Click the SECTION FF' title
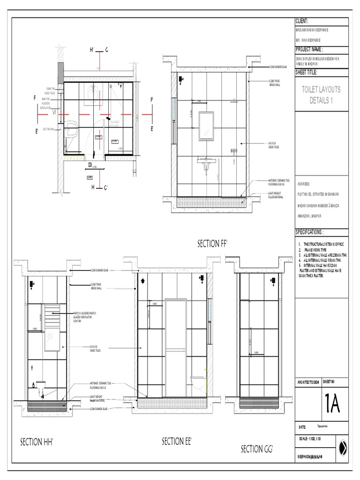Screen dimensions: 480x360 tap(215, 243)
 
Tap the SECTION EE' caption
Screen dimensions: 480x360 tap(177, 441)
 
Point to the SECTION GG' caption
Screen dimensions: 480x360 tap(256, 449)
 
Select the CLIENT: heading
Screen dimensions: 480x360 tap(301, 22)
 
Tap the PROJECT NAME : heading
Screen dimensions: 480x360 tap(309, 49)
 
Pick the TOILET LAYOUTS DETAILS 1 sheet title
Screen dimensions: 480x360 tap(322, 95)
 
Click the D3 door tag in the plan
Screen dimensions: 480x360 tap(90, 165)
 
